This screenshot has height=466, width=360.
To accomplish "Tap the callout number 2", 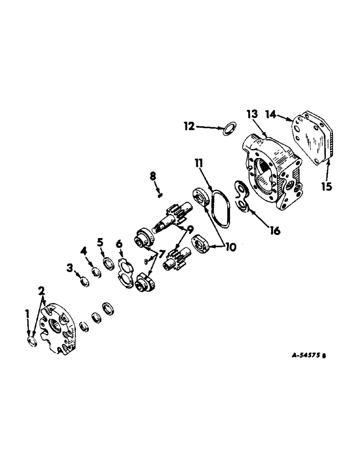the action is click(x=42, y=291).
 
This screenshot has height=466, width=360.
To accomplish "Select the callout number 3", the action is click(x=69, y=267).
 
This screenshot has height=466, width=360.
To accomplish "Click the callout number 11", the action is click(x=199, y=164).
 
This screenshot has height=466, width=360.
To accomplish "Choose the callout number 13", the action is click(x=252, y=115).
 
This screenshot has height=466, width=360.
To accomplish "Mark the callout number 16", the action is click(x=275, y=231).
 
